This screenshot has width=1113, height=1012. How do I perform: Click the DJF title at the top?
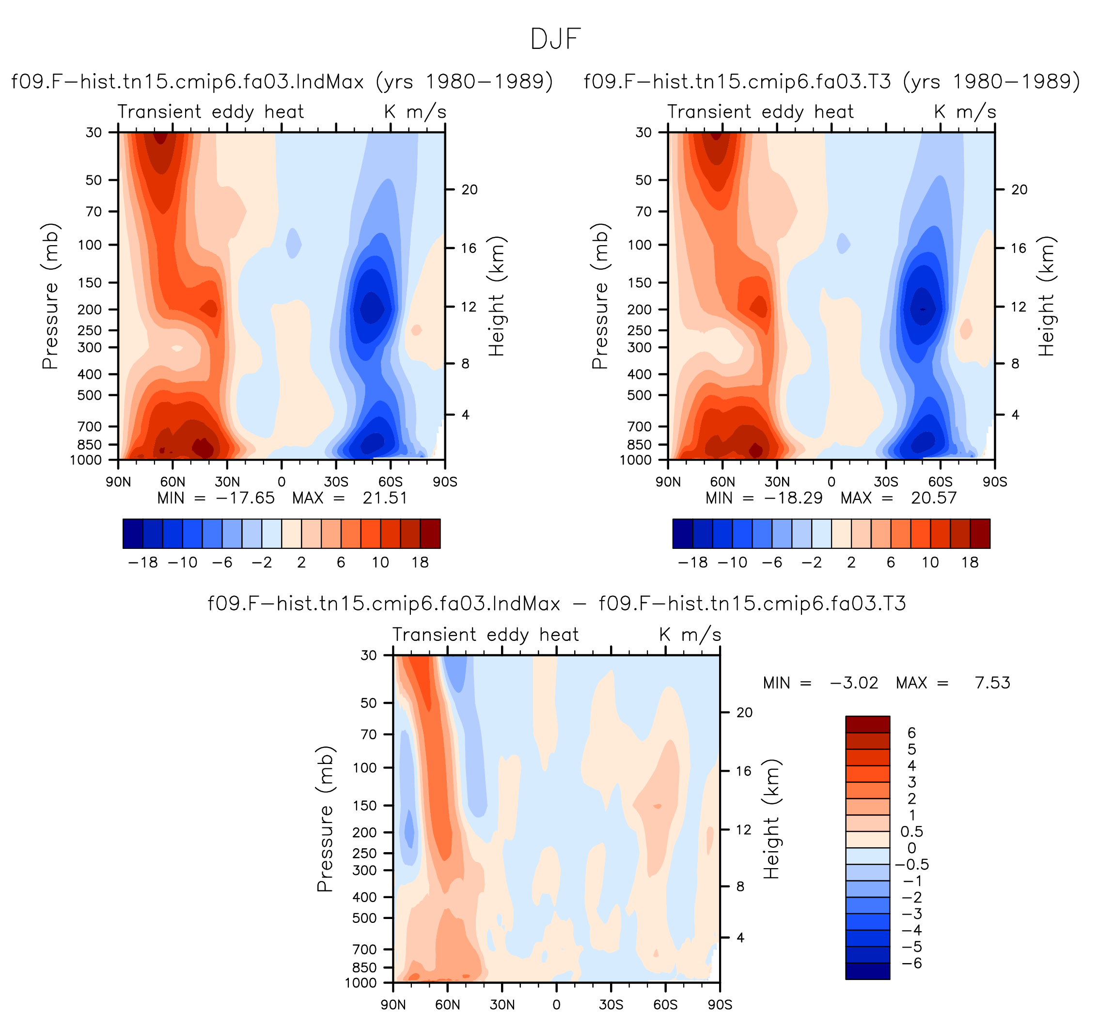click(x=555, y=39)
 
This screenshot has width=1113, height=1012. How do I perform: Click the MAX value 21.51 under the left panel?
click(x=385, y=498)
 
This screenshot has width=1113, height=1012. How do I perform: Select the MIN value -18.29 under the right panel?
click(x=793, y=498)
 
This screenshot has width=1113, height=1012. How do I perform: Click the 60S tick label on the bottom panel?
click(x=665, y=1004)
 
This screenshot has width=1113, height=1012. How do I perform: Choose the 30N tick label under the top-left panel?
click(x=227, y=482)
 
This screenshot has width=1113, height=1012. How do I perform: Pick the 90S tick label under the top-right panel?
click(x=995, y=482)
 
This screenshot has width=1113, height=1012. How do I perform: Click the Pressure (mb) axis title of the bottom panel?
click(x=325, y=819)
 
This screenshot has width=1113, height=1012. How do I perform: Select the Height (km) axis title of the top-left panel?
click(x=497, y=296)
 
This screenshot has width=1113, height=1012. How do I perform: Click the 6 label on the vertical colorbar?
click(x=911, y=732)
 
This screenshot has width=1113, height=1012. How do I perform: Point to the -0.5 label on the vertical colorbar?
click(x=912, y=864)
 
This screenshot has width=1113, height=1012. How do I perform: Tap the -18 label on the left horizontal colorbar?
click(x=142, y=562)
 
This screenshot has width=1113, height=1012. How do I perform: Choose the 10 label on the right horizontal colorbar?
click(x=930, y=562)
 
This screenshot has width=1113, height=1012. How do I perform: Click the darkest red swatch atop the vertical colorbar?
click(x=867, y=724)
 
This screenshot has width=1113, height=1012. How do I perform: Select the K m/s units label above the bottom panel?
click(x=690, y=635)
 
